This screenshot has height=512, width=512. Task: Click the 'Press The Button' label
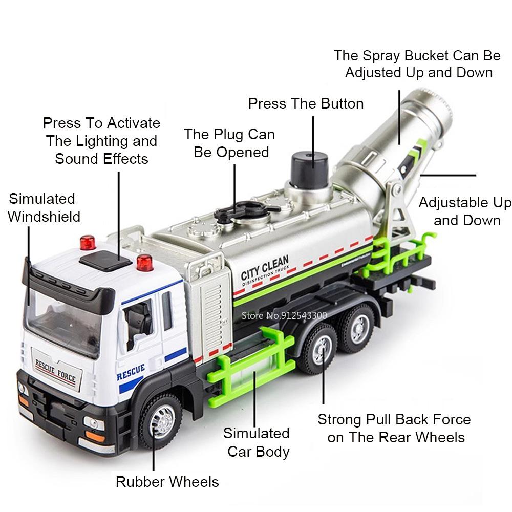[x=306, y=103]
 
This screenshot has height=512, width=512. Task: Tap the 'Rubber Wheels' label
[x=167, y=482]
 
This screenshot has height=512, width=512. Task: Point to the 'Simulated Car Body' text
[x=257, y=442]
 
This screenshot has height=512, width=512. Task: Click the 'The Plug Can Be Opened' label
[x=229, y=143]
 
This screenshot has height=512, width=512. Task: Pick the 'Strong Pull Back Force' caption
[x=394, y=428]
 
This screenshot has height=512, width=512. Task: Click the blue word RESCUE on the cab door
[x=131, y=372]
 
